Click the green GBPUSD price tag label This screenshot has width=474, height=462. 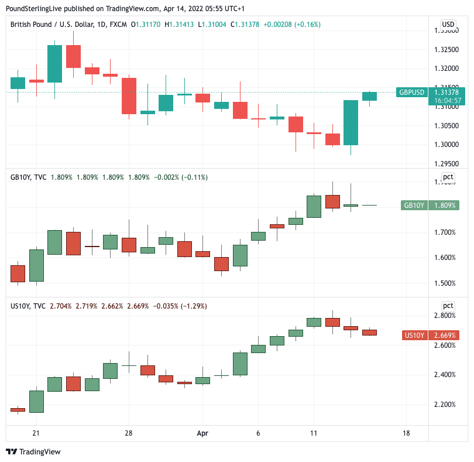pos(412,93)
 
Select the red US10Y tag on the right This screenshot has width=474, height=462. pos(414,336)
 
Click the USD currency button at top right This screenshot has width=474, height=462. pos(448,25)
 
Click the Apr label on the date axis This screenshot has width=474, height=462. pos(202,434)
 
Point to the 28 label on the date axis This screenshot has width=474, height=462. pos(129,434)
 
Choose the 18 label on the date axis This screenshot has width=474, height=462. pos(406,434)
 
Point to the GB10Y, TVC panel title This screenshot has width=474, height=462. pos(28,177)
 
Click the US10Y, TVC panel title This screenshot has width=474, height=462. pos(28,306)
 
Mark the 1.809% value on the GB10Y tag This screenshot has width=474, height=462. pos(446,206)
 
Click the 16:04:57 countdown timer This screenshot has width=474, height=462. pos(448,101)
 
